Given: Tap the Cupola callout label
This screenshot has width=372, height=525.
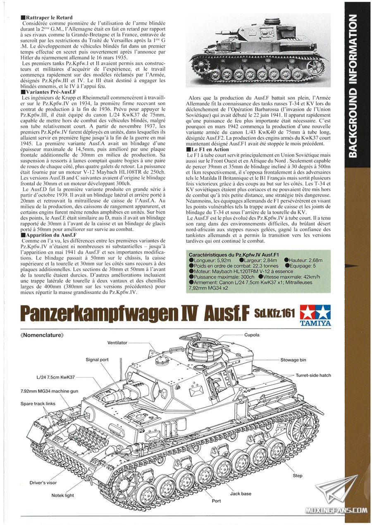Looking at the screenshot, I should [x=252, y=335].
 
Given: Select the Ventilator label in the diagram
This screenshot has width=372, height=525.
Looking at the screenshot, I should [x=117, y=343].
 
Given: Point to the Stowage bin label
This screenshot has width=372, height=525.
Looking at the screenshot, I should [x=293, y=360].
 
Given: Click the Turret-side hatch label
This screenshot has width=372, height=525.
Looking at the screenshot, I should [x=313, y=375].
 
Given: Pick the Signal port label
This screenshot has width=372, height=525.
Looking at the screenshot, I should [x=97, y=360].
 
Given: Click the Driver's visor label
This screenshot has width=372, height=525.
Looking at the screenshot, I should [x=43, y=482].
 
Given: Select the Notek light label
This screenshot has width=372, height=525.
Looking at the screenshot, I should [x=62, y=495].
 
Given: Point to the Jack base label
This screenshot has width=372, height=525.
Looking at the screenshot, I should [x=241, y=494].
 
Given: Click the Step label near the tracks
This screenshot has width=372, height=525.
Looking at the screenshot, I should [x=298, y=475].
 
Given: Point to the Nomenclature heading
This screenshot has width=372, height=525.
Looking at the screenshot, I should [x=42, y=336].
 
